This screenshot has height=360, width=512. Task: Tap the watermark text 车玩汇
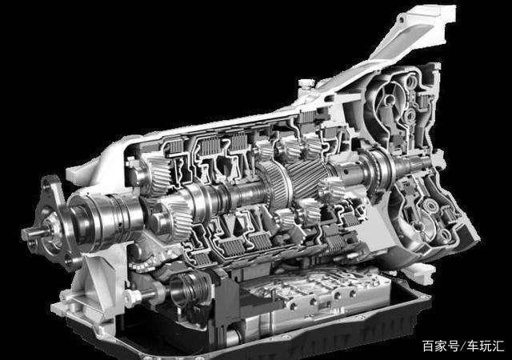click(486, 346)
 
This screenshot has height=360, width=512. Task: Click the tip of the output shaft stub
click(24, 234)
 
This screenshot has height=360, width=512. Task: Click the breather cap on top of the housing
click(306, 84)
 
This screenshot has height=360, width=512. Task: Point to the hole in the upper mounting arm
click(401, 19)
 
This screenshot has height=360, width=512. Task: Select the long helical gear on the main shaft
click(307, 178)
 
